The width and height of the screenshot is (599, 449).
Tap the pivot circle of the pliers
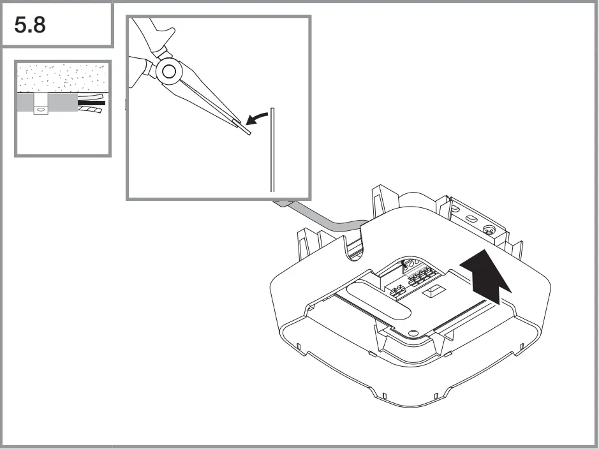click(x=169, y=71)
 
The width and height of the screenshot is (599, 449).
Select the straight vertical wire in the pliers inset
click(x=272, y=150)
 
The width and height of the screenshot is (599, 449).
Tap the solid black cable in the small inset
click(x=91, y=102)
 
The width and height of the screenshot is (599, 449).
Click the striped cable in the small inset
click(x=91, y=110)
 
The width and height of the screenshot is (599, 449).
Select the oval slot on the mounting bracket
click(x=470, y=217)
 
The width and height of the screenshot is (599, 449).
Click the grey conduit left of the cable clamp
click(x=24, y=104)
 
